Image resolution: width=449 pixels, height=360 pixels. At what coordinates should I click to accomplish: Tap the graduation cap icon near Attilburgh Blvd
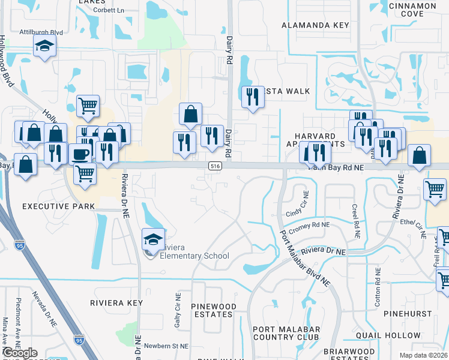[x=44, y=46]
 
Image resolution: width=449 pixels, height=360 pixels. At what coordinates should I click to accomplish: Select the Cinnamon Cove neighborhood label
[x=412, y=10]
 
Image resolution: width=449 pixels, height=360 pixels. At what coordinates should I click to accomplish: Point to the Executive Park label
[x=58, y=206]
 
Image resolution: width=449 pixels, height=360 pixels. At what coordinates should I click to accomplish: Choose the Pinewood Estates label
[x=213, y=311]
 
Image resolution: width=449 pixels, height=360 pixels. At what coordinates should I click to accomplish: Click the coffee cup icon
[x=80, y=154]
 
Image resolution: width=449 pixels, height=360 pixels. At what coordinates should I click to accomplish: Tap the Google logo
[x=20, y=352]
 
